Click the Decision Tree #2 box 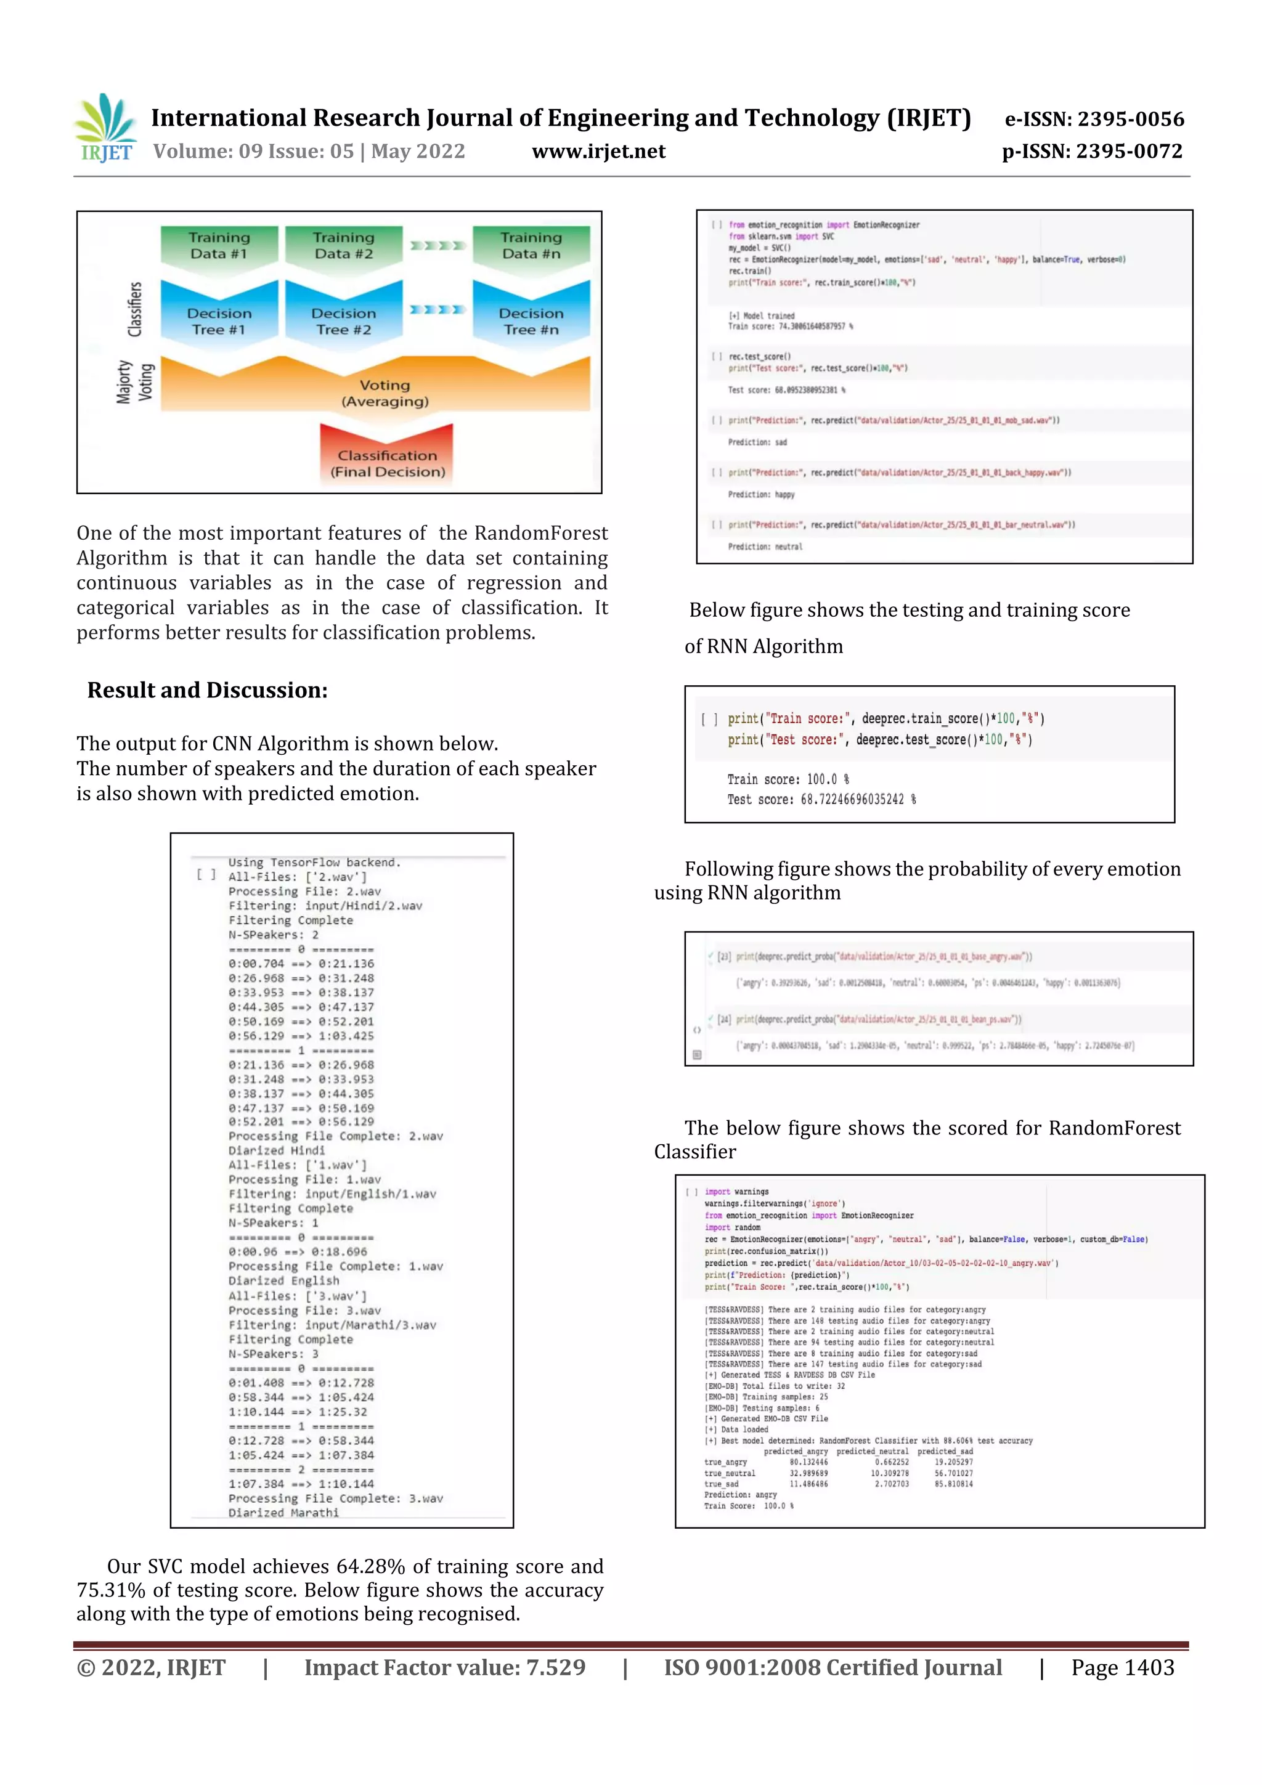point(344,321)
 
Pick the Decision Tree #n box point(531,321)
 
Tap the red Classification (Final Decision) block point(387,463)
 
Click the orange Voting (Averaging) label point(385,393)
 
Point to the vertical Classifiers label point(136,309)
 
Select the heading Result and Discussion point(207,690)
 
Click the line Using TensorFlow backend point(314,862)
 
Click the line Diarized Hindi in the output point(276,1150)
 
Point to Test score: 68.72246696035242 point(821,799)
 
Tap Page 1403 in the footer point(1122,1667)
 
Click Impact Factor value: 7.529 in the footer point(445,1667)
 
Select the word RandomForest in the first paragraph point(541,534)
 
